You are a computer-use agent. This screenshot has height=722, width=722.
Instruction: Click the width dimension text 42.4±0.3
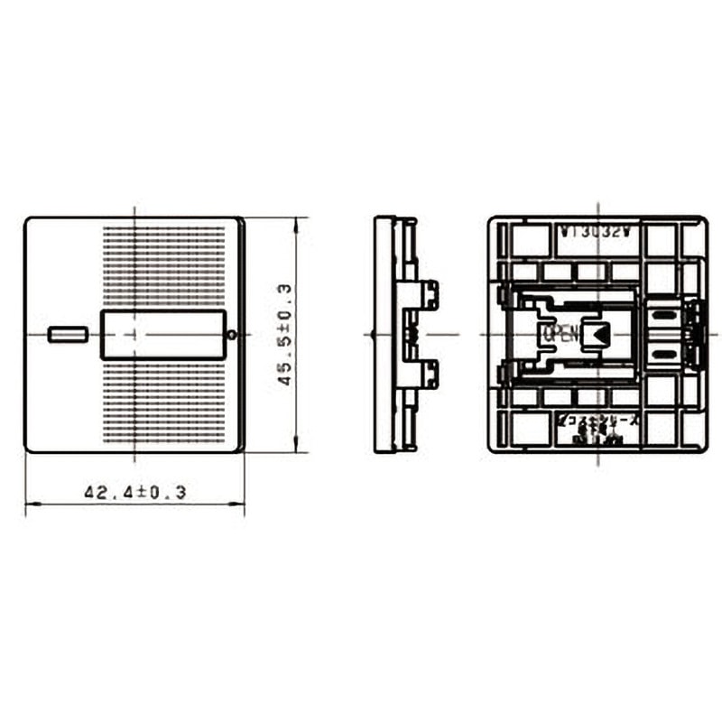coord(134,493)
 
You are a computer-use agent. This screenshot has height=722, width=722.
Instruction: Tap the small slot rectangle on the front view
coord(68,335)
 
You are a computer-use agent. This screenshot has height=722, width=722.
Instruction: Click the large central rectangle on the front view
coord(162,334)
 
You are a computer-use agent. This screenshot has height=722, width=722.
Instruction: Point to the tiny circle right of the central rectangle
coord(234,335)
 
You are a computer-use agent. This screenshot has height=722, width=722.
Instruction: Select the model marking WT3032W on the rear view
coord(597,231)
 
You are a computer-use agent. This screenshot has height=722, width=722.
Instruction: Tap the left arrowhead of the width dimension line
coord(30,504)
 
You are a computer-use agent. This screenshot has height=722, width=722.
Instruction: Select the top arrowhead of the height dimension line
coord(296,221)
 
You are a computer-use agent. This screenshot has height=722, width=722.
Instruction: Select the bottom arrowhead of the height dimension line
coord(296,448)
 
